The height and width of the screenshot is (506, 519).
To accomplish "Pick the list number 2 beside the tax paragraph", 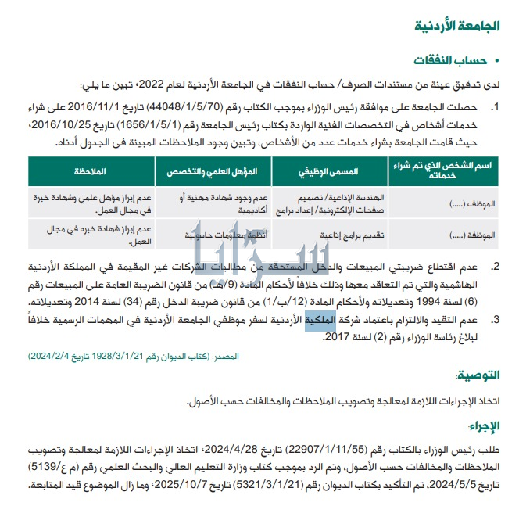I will point(495,267).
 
